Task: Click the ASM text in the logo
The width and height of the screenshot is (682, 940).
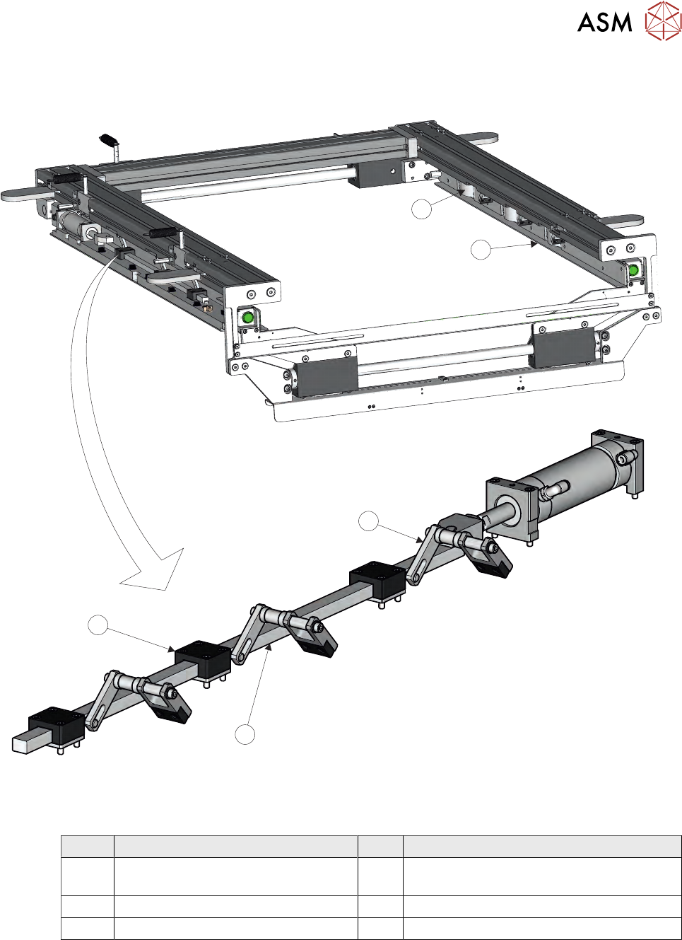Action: tap(604, 23)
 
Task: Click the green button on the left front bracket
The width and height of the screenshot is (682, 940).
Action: tap(248, 318)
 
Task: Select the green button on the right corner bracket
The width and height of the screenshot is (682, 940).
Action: tap(633, 269)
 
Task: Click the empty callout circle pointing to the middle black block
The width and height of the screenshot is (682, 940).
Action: tap(98, 625)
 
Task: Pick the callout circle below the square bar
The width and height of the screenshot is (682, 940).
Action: tap(245, 734)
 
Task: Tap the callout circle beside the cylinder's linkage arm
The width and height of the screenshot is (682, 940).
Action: tap(369, 521)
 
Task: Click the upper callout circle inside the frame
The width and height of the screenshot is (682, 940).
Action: tap(421, 209)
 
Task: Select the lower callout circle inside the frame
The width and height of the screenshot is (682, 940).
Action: tap(481, 250)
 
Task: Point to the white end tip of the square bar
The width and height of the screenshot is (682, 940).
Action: tap(21, 745)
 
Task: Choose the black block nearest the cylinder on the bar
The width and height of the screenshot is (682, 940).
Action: tap(377, 581)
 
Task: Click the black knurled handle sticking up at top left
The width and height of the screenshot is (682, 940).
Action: tap(109, 140)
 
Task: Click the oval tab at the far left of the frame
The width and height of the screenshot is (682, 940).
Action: tap(25, 195)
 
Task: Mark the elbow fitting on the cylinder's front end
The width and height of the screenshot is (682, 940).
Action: tap(555, 491)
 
